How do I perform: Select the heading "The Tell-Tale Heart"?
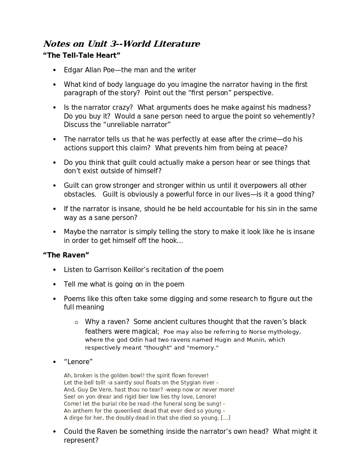82,56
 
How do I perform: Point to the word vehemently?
296,116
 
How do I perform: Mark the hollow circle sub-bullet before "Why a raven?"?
77,322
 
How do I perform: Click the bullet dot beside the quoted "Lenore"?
54,362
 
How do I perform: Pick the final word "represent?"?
81,440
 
